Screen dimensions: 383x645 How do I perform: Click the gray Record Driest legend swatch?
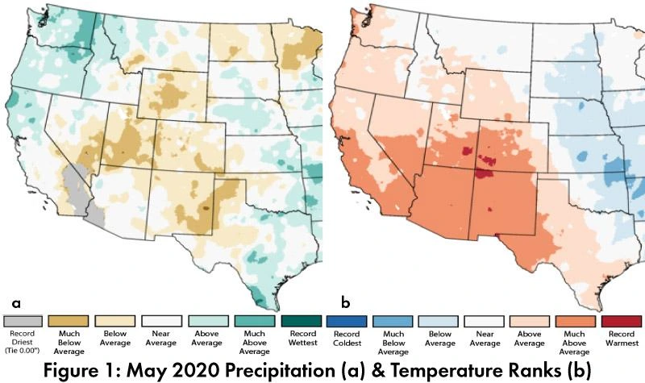coord(22,322)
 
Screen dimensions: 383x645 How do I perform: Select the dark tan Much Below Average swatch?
coord(69,322)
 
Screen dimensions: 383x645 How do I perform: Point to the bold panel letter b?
coord(346,303)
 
